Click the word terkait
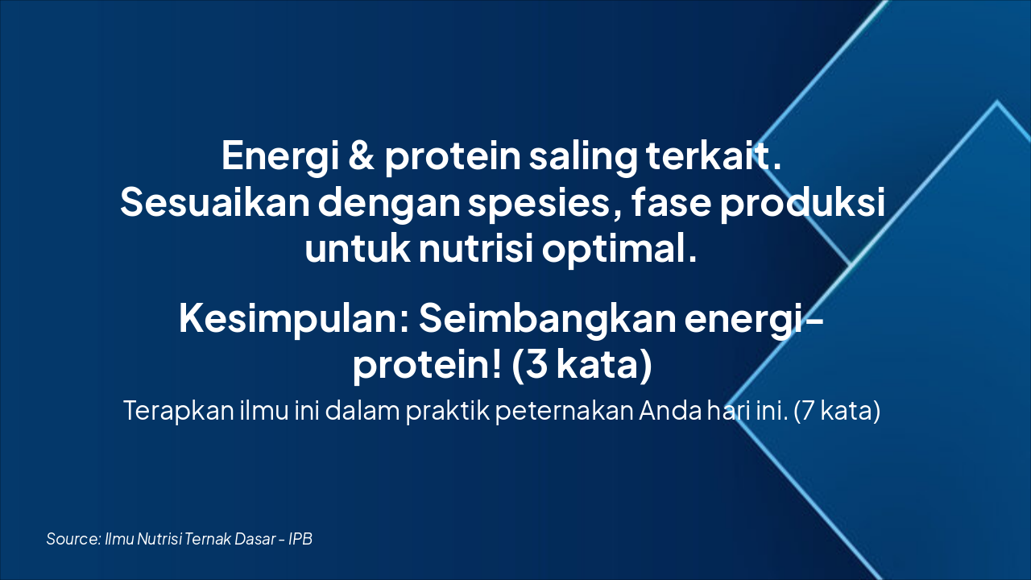pyautogui.click(x=714, y=155)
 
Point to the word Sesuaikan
pyautogui.click(x=214, y=202)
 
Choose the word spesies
pyautogui.click(x=529, y=204)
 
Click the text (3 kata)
pyautogui.click(x=581, y=366)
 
